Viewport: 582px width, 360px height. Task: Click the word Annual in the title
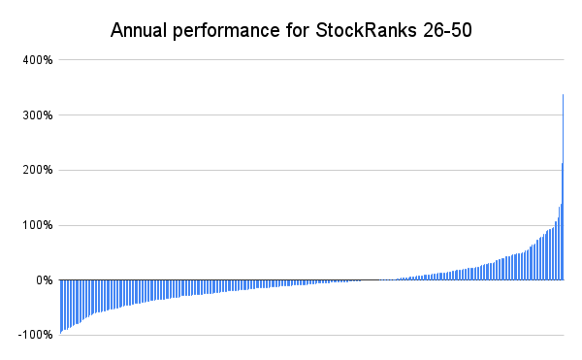pyautogui.click(x=139, y=30)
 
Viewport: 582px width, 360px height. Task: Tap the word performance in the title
pyautogui.click(x=226, y=31)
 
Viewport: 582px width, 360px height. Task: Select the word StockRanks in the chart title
pyautogui.click(x=366, y=30)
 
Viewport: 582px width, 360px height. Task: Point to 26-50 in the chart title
pyautogui.click(x=447, y=30)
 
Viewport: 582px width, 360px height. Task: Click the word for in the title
pyautogui.click(x=298, y=30)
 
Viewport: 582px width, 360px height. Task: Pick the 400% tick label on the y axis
pyautogui.click(x=38, y=60)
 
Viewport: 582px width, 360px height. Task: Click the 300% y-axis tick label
pyautogui.click(x=38, y=115)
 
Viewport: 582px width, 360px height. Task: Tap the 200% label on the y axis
pyautogui.click(x=38, y=171)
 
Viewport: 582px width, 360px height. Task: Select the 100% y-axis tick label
pyautogui.click(x=38, y=225)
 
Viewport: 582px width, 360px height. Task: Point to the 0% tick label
pyautogui.click(x=45, y=280)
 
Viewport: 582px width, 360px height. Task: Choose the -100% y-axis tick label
pyautogui.click(x=35, y=335)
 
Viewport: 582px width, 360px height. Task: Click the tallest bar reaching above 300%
pyautogui.click(x=563, y=187)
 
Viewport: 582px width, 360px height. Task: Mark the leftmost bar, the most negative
pyautogui.click(x=61, y=307)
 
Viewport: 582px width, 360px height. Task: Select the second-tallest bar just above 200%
pyautogui.click(x=562, y=221)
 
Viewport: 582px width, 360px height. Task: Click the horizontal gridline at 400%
pyautogui.click(x=311, y=59)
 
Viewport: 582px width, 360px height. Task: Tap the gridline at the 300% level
pyautogui.click(x=311, y=115)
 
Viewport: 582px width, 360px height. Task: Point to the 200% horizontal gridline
pyautogui.click(x=311, y=170)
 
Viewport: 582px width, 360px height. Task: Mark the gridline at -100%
pyautogui.click(x=311, y=335)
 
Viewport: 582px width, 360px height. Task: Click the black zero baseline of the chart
pyautogui.click(x=311, y=279)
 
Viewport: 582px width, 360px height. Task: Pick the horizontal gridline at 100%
pyautogui.click(x=311, y=225)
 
